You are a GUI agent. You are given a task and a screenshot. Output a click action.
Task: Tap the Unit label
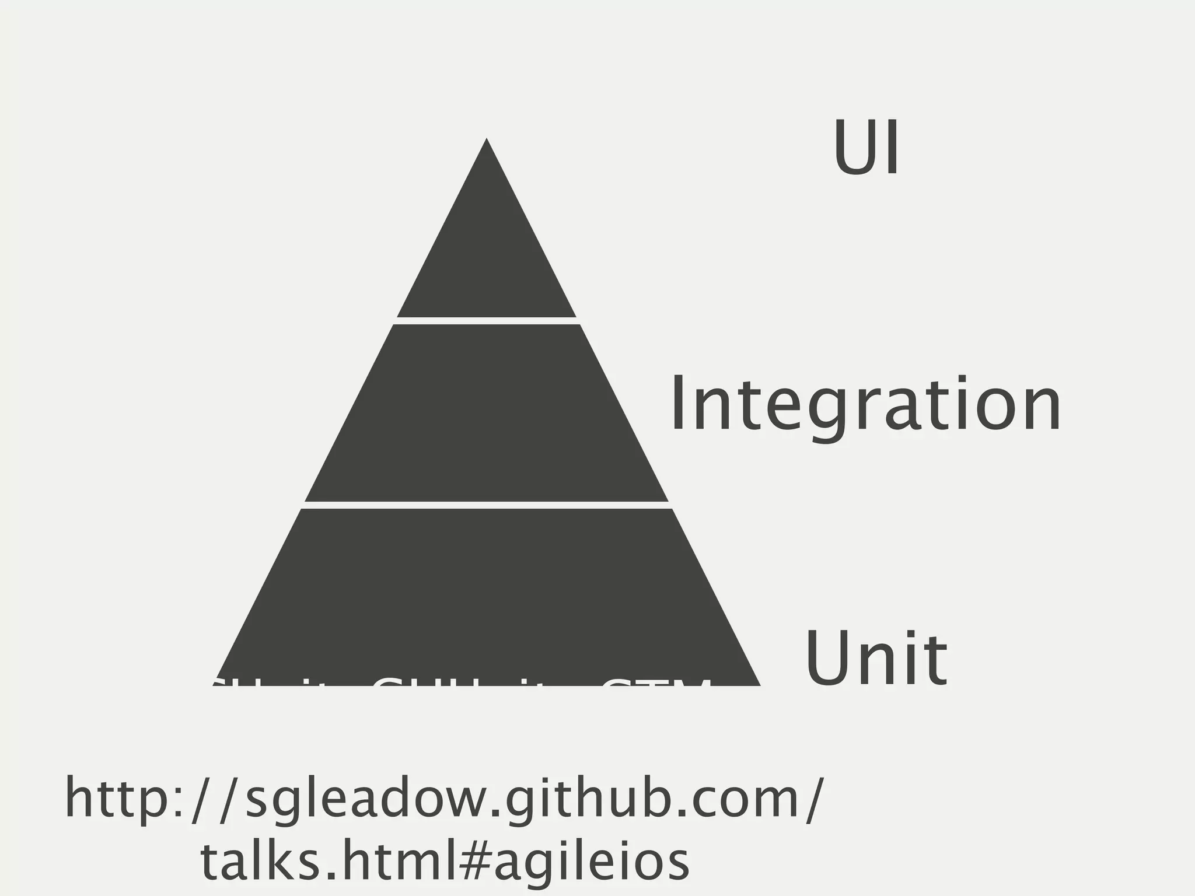(876, 660)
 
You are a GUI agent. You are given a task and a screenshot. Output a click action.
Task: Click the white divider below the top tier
(487, 321)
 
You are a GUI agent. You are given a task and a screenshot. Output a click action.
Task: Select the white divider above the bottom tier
(487, 505)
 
